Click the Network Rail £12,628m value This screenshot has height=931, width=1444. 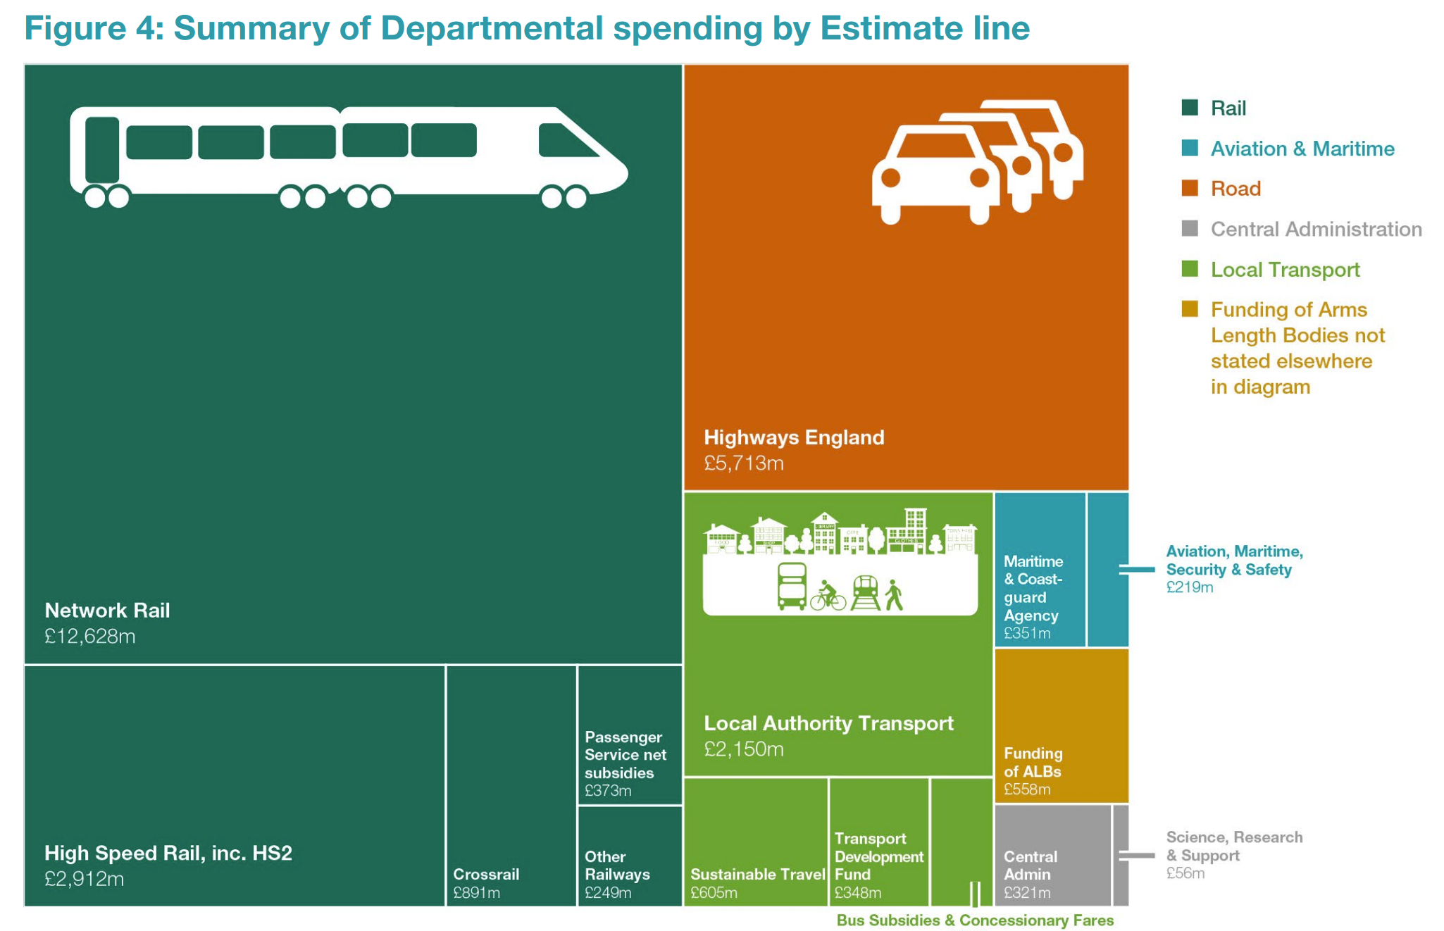point(90,637)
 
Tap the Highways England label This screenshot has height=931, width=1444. point(794,437)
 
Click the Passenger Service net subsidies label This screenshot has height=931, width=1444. point(625,755)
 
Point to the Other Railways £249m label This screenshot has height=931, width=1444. point(617,874)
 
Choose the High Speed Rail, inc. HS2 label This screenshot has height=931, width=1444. point(168,854)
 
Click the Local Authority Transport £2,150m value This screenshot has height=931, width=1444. point(744,749)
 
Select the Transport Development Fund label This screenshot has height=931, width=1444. point(878,856)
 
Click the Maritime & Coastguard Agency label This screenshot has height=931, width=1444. point(1033,589)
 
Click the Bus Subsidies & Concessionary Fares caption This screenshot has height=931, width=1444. point(975,920)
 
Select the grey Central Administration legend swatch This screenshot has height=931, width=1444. point(1190,228)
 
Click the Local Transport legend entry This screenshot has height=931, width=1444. point(1285,270)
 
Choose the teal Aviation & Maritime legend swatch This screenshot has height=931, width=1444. point(1190,148)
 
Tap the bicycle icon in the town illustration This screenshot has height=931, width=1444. point(828,597)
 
